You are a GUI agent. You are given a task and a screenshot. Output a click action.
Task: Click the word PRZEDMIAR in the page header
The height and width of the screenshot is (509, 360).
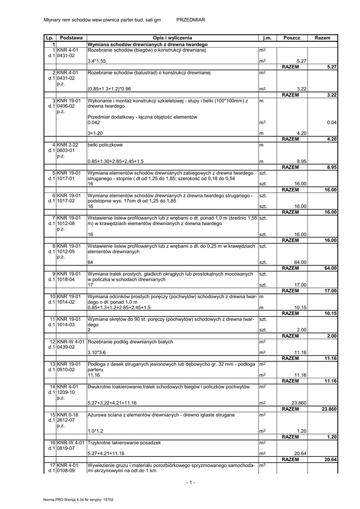click(191, 19)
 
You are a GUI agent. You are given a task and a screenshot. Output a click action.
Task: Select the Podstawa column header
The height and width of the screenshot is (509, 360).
click(71, 38)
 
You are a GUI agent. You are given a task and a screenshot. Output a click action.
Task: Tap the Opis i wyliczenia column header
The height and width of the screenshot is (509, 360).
click(173, 38)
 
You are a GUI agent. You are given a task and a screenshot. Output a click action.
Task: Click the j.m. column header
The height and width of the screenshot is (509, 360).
click(268, 38)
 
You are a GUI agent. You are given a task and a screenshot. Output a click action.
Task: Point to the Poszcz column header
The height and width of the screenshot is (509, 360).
click(292, 38)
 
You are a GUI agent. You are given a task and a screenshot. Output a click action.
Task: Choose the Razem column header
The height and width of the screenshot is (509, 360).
click(322, 38)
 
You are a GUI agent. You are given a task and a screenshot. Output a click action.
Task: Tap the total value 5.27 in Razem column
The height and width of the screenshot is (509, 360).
click(332, 67)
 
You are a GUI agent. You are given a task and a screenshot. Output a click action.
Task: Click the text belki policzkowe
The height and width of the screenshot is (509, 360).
click(105, 145)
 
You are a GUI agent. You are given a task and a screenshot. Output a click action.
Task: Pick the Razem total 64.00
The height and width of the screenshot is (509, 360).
click(330, 268)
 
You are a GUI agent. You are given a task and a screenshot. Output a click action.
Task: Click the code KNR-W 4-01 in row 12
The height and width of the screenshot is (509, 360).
click(71, 341)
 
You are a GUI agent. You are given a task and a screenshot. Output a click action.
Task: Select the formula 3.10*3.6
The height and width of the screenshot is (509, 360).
click(97, 352)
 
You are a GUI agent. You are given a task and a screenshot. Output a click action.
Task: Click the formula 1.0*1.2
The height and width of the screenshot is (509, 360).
click(94, 431)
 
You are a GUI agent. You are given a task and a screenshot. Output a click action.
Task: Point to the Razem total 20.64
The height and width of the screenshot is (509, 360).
click(330, 459)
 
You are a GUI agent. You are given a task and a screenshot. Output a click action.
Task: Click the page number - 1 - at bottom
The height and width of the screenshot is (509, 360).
click(190, 482)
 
